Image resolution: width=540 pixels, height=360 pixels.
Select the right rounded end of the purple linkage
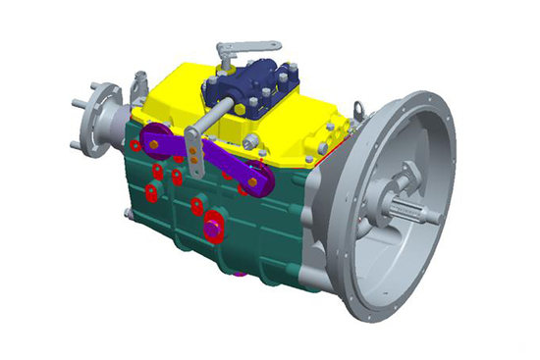(x=257, y=180)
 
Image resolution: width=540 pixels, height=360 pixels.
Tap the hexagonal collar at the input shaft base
(x=405, y=181)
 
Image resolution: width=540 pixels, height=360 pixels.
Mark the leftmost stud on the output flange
(x=75, y=101)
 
